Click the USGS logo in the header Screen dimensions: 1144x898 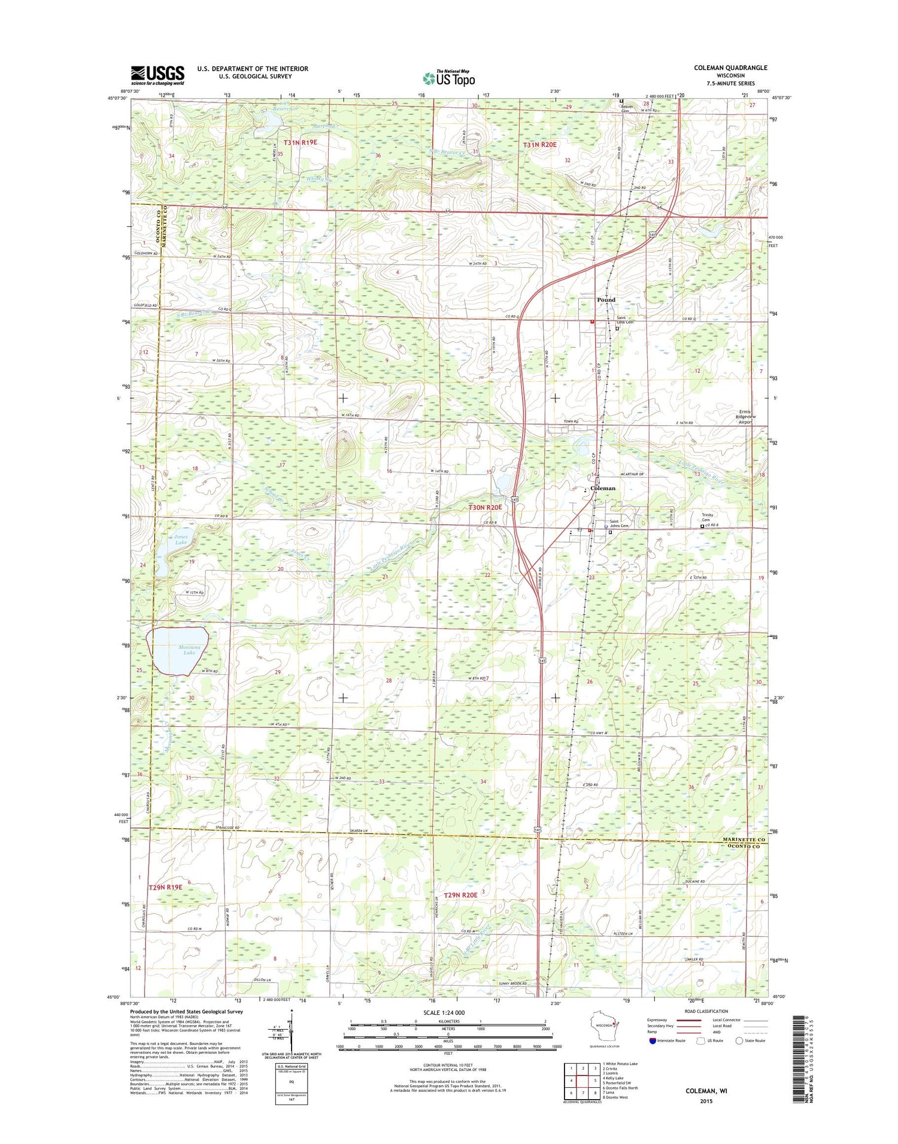click(158, 75)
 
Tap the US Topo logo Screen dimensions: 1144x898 click(449, 78)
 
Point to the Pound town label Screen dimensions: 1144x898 click(606, 300)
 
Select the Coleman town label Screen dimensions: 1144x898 click(602, 488)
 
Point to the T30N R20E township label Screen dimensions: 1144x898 click(485, 507)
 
